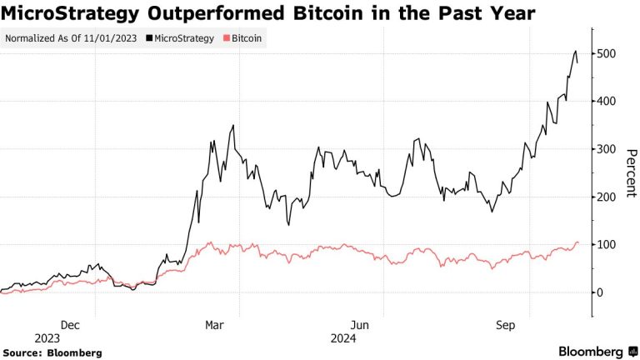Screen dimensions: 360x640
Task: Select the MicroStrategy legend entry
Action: pyautogui.click(x=182, y=38)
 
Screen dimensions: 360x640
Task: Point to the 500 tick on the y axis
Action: pyautogui.click(x=609, y=54)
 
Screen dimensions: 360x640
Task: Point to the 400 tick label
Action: pyautogui.click(x=609, y=102)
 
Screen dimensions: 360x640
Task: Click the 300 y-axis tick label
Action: pyautogui.click(x=609, y=149)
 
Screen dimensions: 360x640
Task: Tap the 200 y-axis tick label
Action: pyautogui.click(x=609, y=197)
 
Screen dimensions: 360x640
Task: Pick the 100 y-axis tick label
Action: pyautogui.click(x=609, y=245)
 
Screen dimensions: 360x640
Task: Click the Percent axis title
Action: pyautogui.click(x=631, y=173)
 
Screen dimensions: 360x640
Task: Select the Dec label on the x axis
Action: pyautogui.click(x=70, y=326)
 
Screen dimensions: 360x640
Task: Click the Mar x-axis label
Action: pyautogui.click(x=215, y=326)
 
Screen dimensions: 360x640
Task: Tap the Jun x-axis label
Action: pyautogui.click(x=360, y=326)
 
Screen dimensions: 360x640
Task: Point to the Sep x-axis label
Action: pyautogui.click(x=505, y=326)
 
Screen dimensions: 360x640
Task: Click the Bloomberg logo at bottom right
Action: pyautogui.click(x=590, y=352)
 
